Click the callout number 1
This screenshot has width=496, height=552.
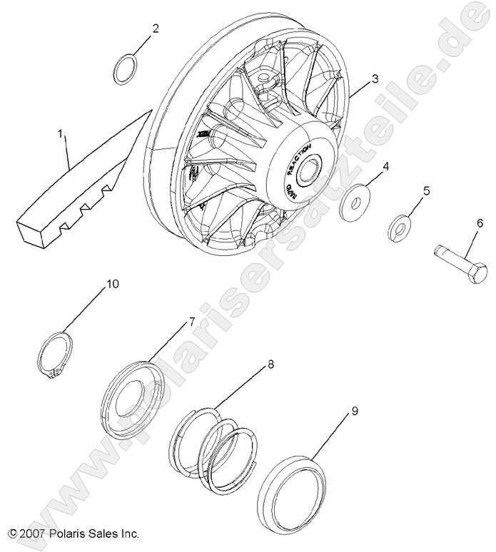point(61,133)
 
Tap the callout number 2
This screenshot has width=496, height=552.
point(156,29)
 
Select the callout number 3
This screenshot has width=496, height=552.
point(374,78)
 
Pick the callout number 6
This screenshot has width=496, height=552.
point(479,223)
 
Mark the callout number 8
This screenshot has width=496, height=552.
point(270,364)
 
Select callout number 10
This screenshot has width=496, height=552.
point(113,284)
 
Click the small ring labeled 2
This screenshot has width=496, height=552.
point(127,68)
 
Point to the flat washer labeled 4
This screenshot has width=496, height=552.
point(354,203)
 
